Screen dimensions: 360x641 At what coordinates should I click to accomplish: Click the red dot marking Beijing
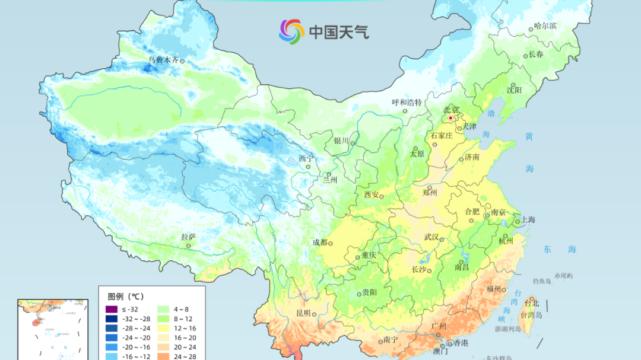(450, 118)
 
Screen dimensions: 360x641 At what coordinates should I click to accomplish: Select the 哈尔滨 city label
(545, 26)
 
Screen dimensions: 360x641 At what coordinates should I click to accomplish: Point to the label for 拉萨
(188, 237)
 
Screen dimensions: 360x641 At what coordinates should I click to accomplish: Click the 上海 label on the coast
(528, 219)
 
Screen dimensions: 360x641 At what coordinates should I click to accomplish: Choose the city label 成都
(319, 242)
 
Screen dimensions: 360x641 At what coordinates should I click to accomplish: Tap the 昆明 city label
(303, 313)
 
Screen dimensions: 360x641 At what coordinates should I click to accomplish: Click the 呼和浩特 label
(407, 102)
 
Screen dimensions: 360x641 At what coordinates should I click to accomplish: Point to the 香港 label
(460, 343)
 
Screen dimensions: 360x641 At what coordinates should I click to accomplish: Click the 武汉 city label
(431, 237)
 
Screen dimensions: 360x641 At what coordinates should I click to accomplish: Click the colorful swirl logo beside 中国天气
(291, 31)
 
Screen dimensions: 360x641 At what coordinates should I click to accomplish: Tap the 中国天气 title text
(338, 31)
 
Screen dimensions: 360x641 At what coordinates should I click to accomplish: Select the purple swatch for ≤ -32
(112, 309)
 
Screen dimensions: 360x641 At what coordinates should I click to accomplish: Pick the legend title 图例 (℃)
(125, 296)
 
